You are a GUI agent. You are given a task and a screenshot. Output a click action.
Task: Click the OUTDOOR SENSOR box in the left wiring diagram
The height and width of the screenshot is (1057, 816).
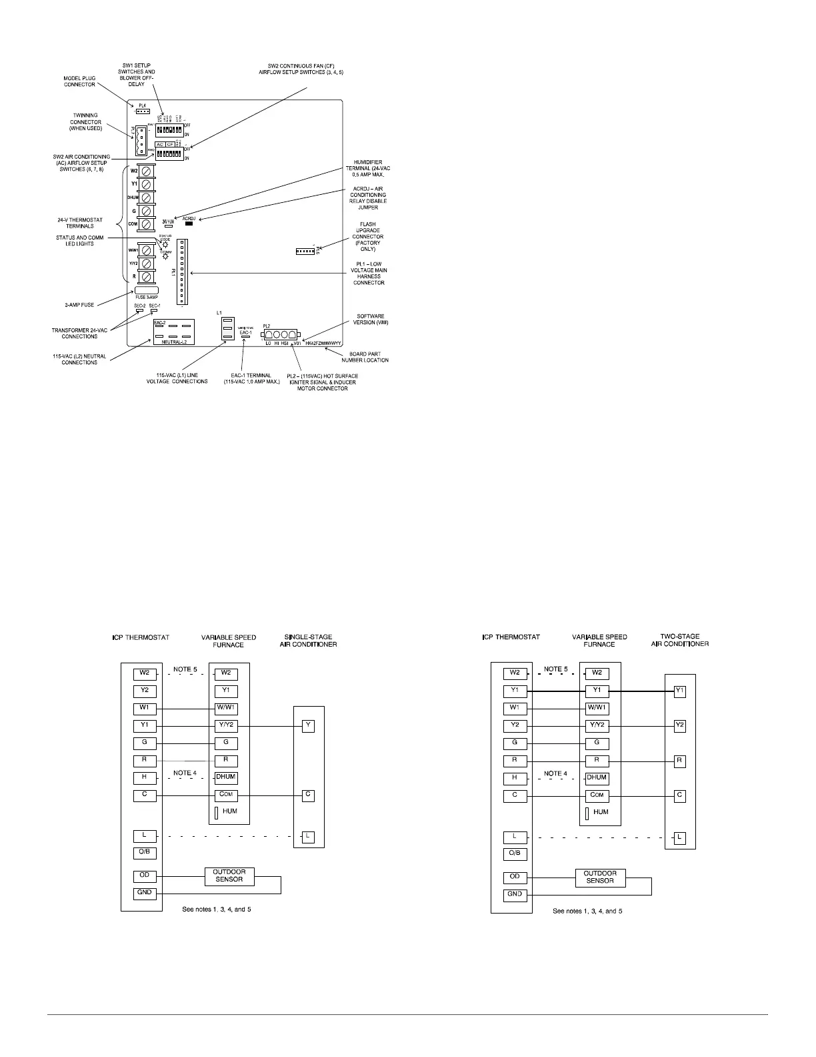tap(229, 875)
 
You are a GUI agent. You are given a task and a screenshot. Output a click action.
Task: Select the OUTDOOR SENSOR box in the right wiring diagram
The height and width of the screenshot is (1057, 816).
tap(599, 877)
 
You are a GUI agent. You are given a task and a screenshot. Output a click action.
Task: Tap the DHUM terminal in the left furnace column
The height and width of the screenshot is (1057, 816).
tap(226, 777)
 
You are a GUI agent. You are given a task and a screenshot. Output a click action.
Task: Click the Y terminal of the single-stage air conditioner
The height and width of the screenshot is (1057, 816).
tap(308, 725)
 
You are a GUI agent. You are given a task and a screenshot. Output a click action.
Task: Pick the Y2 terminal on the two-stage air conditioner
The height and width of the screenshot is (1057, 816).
tap(679, 725)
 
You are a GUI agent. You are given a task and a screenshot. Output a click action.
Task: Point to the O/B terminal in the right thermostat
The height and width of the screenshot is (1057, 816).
tap(515, 853)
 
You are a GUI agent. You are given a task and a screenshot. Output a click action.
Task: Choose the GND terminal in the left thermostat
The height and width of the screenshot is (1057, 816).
tap(145, 892)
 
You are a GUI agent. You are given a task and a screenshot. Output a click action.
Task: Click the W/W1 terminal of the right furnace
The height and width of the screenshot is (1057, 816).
tap(597, 707)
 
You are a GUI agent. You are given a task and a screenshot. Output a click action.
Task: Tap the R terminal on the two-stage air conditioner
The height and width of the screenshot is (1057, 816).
tap(679, 760)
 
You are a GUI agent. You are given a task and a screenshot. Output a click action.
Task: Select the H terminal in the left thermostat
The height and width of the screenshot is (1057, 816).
tap(145, 777)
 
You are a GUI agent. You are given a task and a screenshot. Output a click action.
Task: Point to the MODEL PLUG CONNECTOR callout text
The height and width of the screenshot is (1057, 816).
tap(80, 81)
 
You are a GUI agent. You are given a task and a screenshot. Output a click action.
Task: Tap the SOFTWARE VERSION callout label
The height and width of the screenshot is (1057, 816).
tap(371, 319)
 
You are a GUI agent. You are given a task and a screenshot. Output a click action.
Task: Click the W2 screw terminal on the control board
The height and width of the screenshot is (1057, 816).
tap(146, 171)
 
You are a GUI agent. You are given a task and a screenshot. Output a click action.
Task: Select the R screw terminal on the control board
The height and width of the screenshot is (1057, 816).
tap(146, 276)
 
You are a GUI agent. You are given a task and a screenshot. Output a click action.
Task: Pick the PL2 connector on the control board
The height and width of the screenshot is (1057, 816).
tap(281, 334)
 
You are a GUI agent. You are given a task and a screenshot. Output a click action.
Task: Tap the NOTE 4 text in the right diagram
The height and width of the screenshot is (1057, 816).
tap(555, 774)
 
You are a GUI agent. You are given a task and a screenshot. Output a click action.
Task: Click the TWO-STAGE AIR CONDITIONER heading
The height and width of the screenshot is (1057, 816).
tap(679, 640)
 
